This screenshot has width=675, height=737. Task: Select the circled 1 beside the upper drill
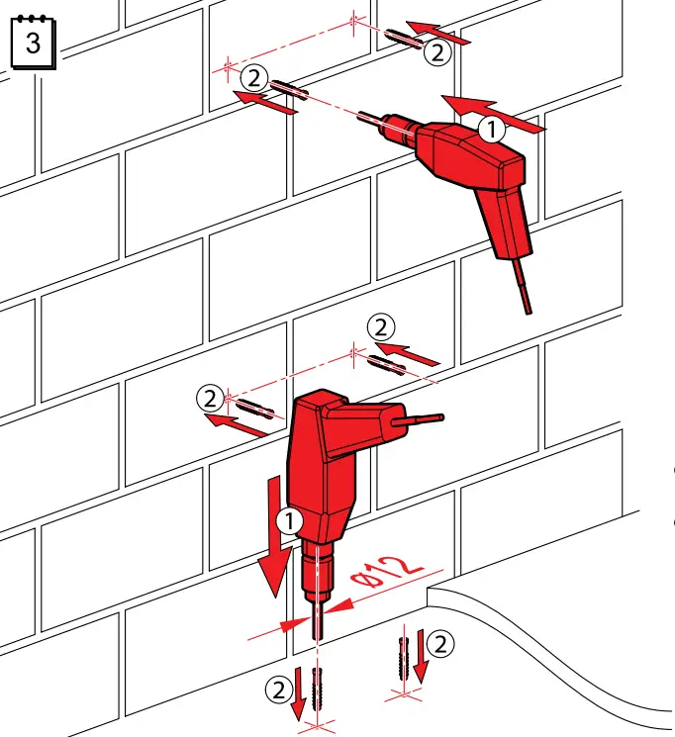pos(491,128)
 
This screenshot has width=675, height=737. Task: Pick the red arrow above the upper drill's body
pos(493,113)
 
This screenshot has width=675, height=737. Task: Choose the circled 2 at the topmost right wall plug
pos(436,52)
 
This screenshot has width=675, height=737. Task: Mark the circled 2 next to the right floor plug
pos(441,644)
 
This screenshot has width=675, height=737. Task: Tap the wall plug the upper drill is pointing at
pos(288,89)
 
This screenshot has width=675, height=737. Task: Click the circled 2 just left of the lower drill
pos(209,398)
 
